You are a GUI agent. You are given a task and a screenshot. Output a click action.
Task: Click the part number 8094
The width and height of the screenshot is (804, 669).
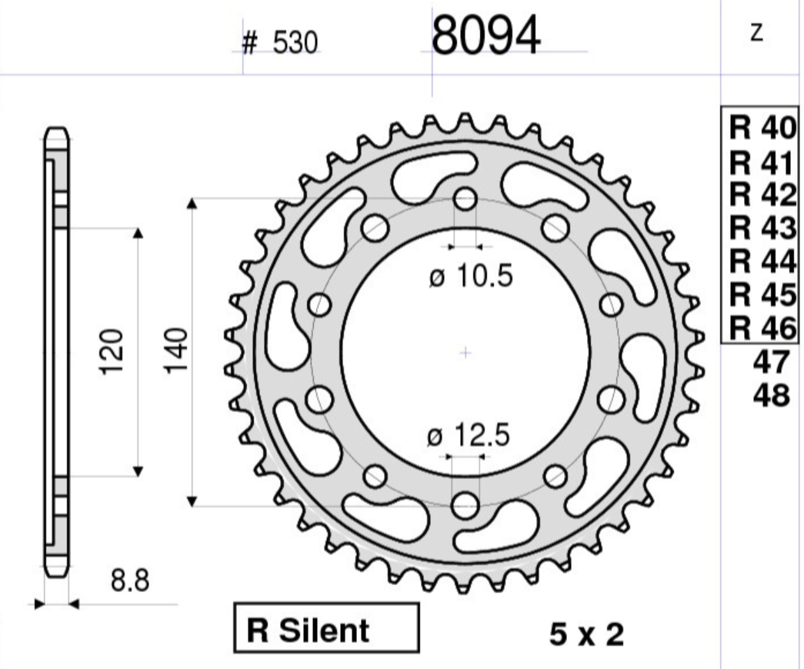tap(486, 37)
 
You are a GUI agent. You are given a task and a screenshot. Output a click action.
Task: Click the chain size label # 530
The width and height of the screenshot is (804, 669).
tap(279, 44)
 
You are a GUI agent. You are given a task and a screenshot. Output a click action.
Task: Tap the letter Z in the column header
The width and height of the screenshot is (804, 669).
tap(757, 33)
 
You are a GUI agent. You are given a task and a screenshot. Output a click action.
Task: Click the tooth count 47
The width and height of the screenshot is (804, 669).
tap(772, 362)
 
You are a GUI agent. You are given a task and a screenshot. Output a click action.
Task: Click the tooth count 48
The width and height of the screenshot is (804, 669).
tap(772, 395)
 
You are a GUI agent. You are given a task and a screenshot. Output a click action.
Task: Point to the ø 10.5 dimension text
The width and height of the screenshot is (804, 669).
tap(470, 278)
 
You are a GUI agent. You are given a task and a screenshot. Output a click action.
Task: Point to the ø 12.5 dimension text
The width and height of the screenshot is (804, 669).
tap(469, 438)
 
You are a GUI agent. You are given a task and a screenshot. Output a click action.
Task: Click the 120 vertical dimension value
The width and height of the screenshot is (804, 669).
tap(112, 351)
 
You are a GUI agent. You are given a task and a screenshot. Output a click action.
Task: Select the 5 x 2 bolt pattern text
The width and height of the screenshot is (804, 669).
tap(586, 634)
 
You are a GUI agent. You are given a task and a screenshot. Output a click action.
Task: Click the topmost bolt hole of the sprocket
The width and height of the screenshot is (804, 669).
tap(465, 200)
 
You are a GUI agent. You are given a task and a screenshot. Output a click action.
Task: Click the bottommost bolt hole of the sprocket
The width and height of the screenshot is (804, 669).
tap(465, 505)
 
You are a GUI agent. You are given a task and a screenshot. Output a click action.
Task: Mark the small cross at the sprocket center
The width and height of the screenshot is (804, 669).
tap(465, 353)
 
